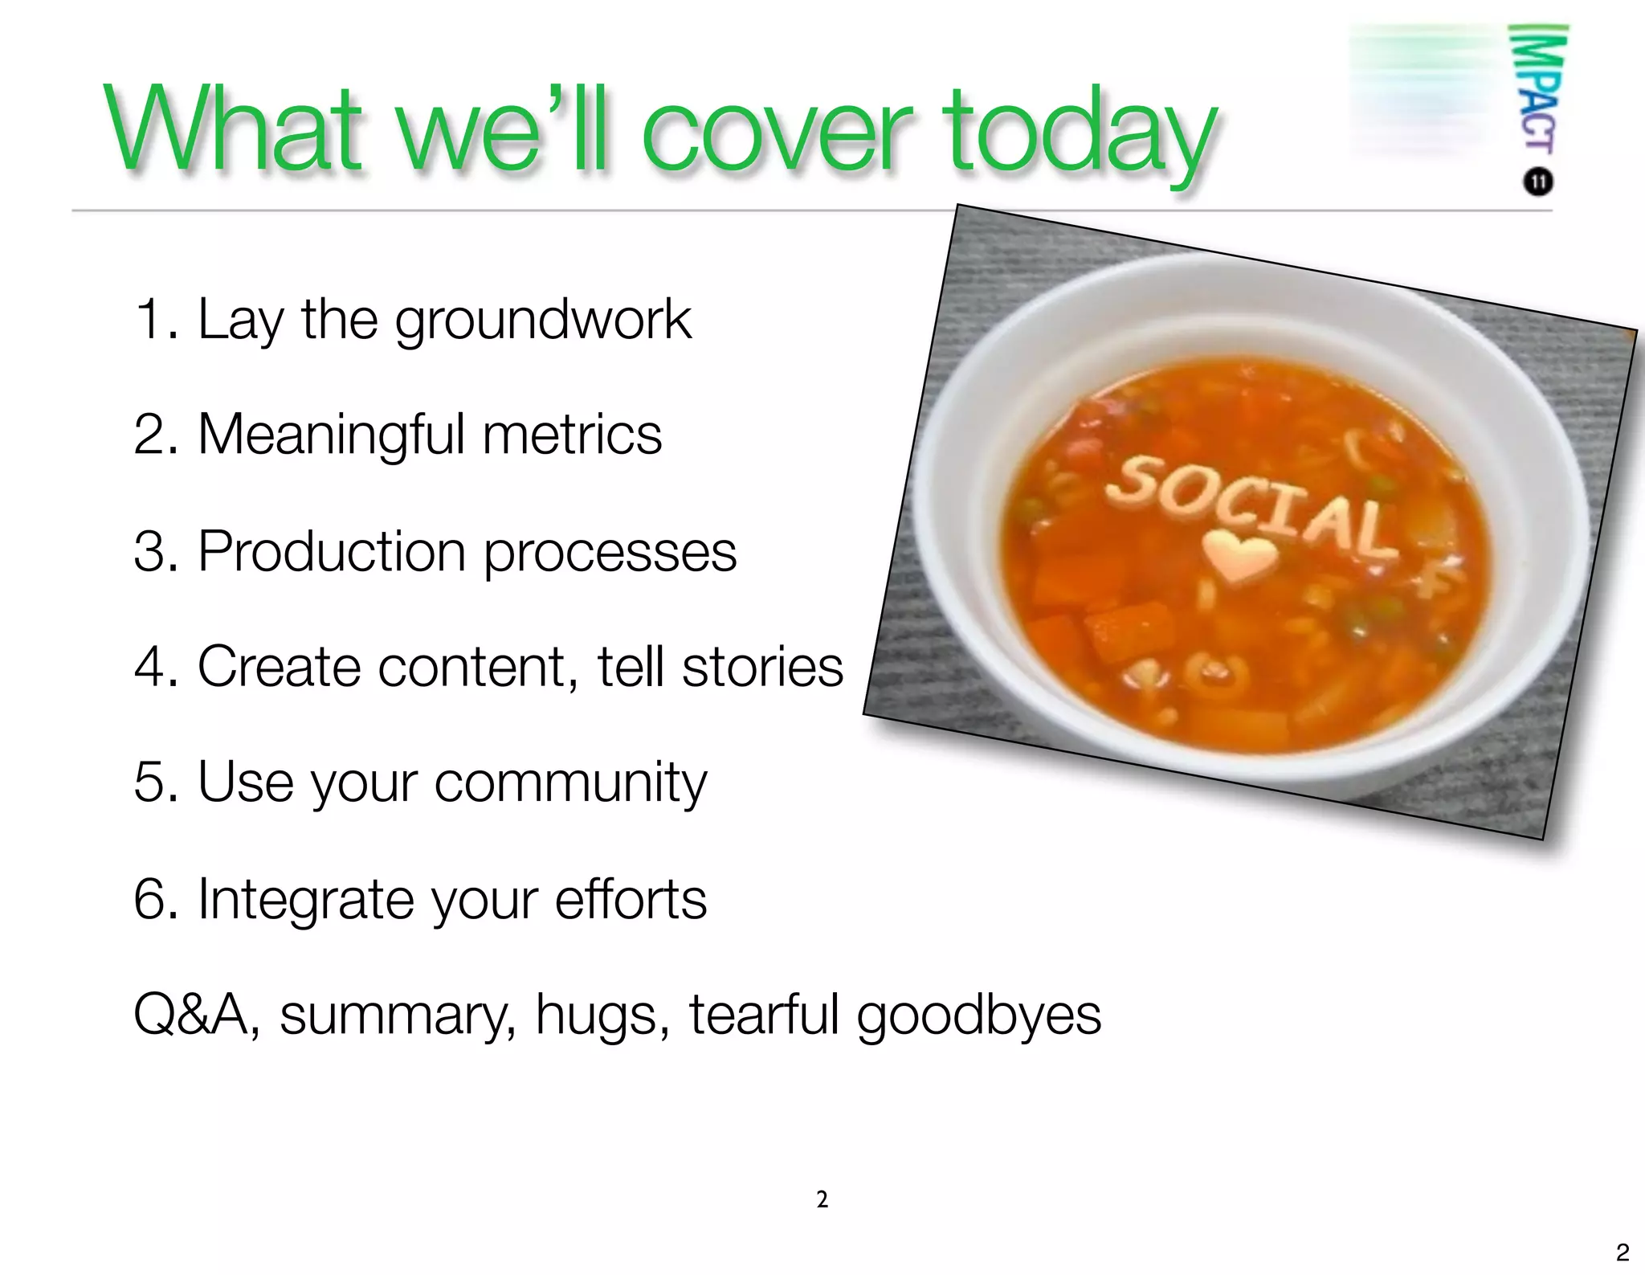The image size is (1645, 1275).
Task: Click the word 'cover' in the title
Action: point(776,133)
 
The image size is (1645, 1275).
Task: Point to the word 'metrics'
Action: point(572,435)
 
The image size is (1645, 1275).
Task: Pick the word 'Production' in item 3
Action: point(332,552)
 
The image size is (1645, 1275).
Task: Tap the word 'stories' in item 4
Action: point(762,667)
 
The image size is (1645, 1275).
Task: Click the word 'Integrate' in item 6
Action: point(304,900)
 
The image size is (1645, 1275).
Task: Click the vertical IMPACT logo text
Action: point(1537,88)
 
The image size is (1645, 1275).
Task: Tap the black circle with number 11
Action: point(1537,182)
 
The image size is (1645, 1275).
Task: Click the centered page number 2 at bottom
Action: point(822,1199)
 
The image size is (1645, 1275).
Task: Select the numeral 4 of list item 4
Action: point(149,667)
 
